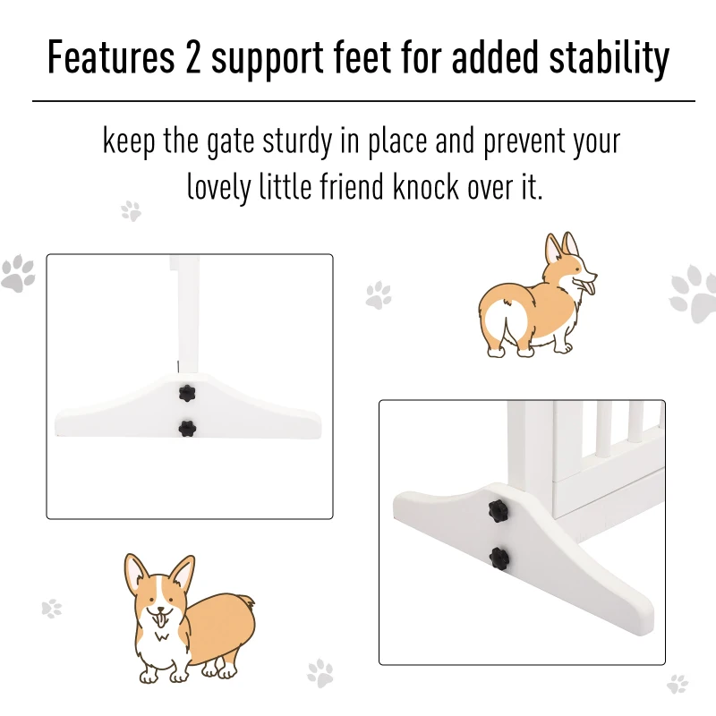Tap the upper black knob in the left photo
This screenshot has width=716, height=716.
pyautogui.click(x=186, y=392)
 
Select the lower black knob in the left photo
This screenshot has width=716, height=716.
pyautogui.click(x=186, y=428)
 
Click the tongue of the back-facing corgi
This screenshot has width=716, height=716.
pyautogui.click(x=588, y=286)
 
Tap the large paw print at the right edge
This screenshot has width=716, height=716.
pyautogui.click(x=695, y=294)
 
